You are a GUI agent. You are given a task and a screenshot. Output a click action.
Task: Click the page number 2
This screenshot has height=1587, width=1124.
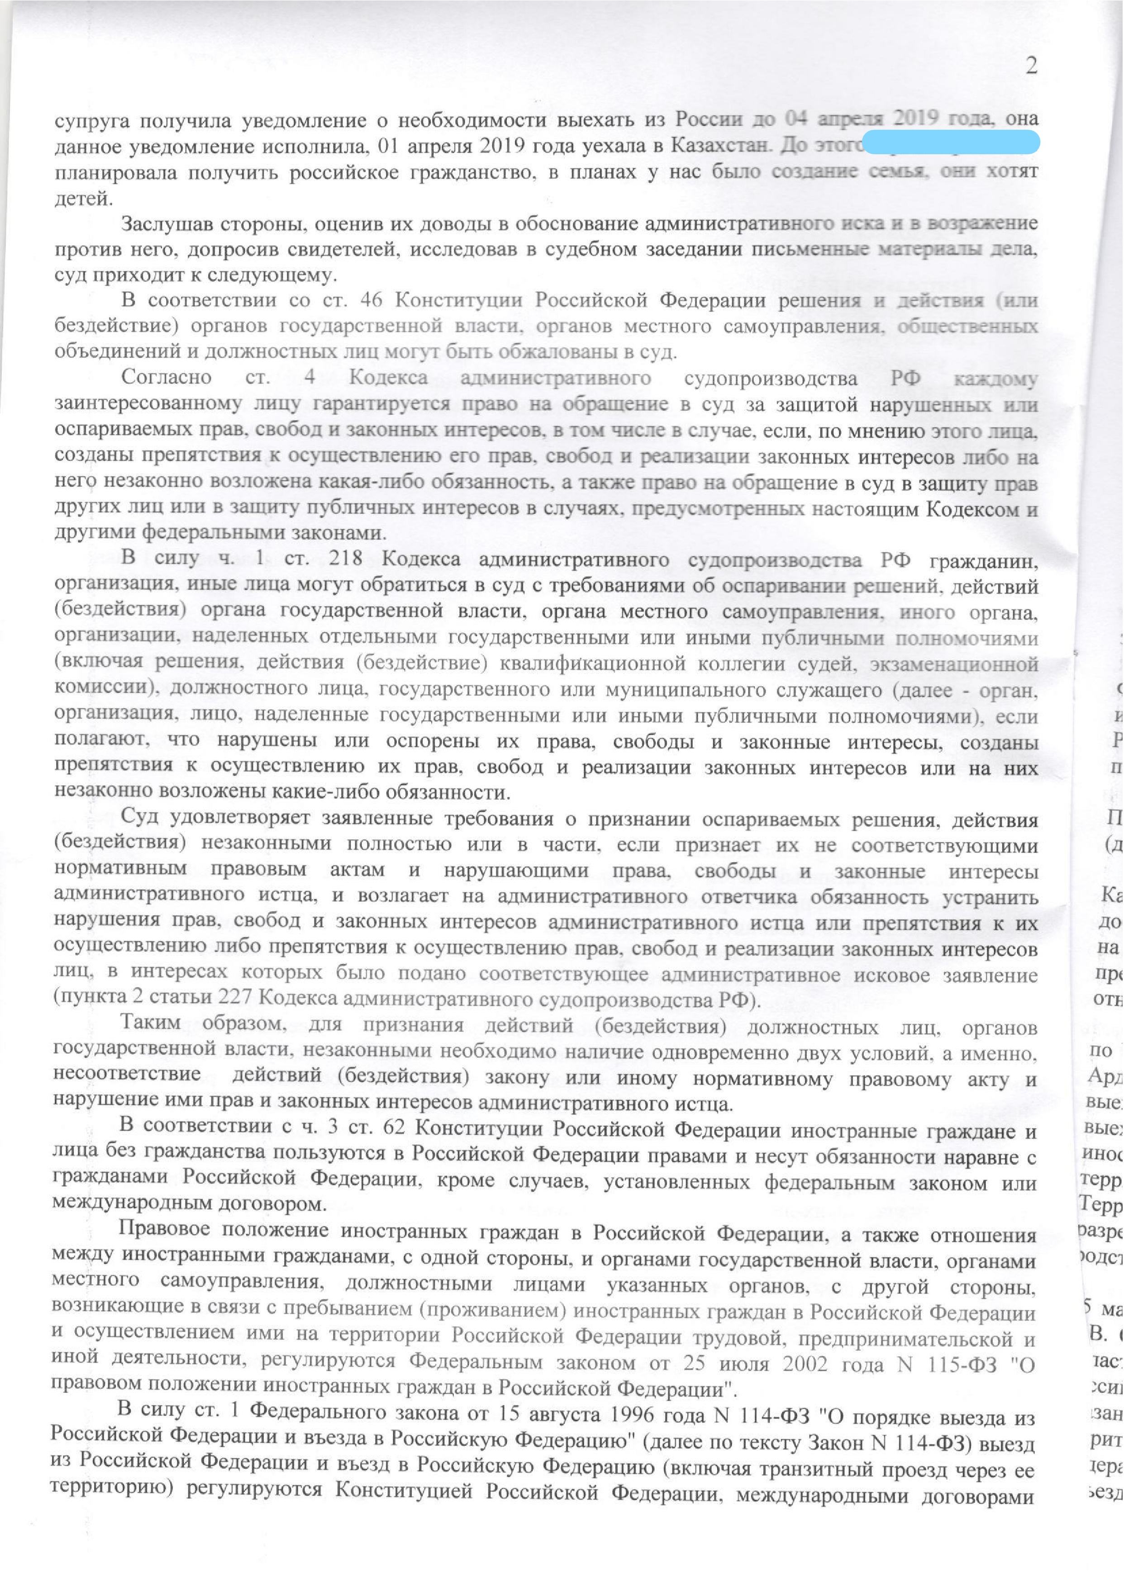pyautogui.click(x=1031, y=66)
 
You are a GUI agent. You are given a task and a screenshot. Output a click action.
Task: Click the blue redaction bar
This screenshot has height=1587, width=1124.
pyautogui.click(x=952, y=142)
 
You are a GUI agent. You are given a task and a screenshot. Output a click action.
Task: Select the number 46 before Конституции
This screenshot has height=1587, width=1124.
pyautogui.click(x=371, y=300)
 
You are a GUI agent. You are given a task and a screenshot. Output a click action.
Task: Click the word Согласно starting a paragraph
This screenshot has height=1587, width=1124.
pyautogui.click(x=166, y=378)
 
